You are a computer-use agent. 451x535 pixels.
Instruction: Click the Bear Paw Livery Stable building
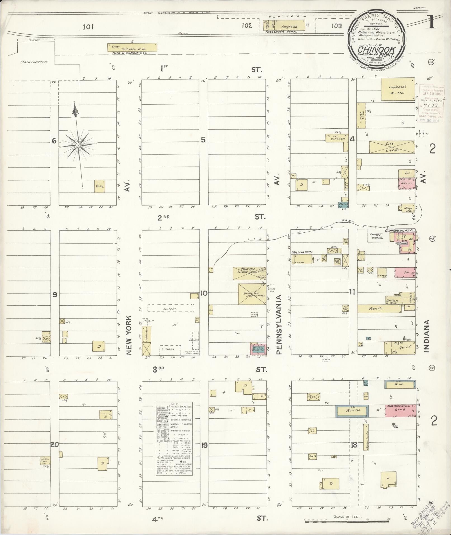coord(252,294)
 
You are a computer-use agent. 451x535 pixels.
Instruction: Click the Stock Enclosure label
coord(34,62)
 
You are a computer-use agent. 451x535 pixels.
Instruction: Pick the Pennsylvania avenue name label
coord(278,324)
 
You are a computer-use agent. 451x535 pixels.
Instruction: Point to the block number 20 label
coord(55,445)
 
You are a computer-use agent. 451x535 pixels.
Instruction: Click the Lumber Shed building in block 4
coord(361,115)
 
